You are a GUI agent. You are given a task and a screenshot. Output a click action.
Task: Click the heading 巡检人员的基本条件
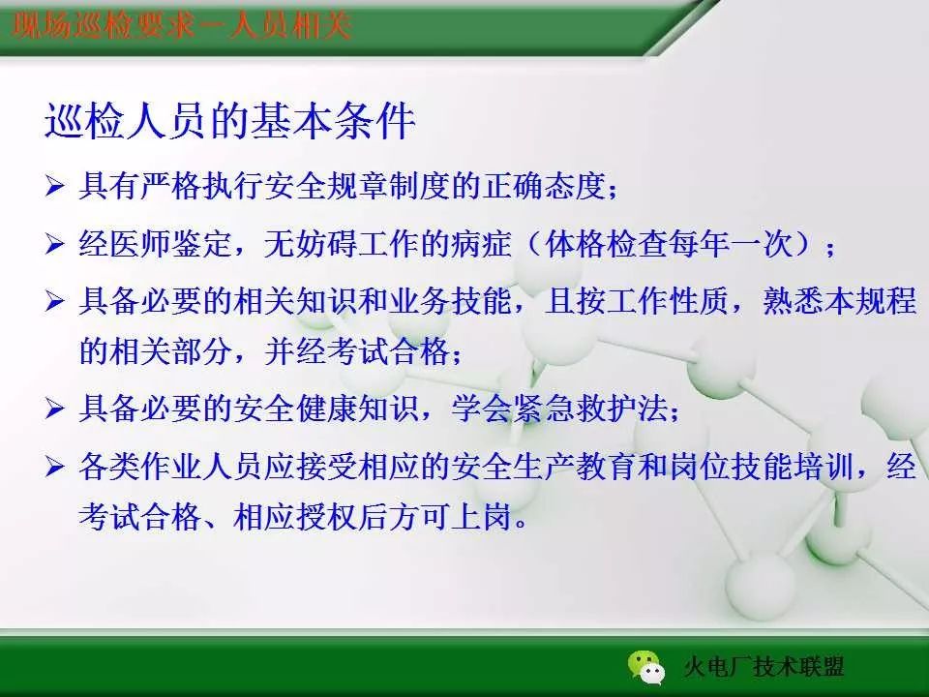tap(229, 124)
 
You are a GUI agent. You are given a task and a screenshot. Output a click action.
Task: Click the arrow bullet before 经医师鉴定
tap(54, 245)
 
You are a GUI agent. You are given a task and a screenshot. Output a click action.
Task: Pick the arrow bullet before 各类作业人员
tap(54, 470)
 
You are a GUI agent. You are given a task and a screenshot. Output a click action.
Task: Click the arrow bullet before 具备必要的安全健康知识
tap(54, 409)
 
